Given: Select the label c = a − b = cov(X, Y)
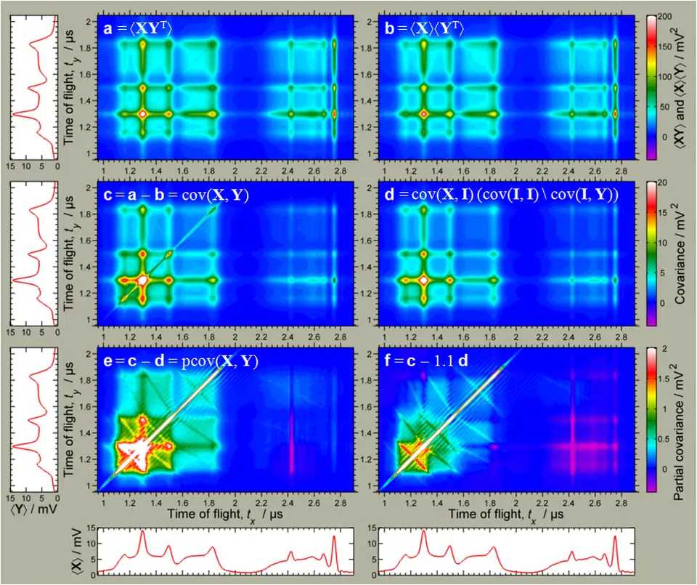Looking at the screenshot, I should pos(182,195).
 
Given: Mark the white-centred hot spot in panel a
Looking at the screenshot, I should pos(142,114).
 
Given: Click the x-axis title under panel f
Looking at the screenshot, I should pos(495,514).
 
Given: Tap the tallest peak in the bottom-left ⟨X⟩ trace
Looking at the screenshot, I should pos(142,531).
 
